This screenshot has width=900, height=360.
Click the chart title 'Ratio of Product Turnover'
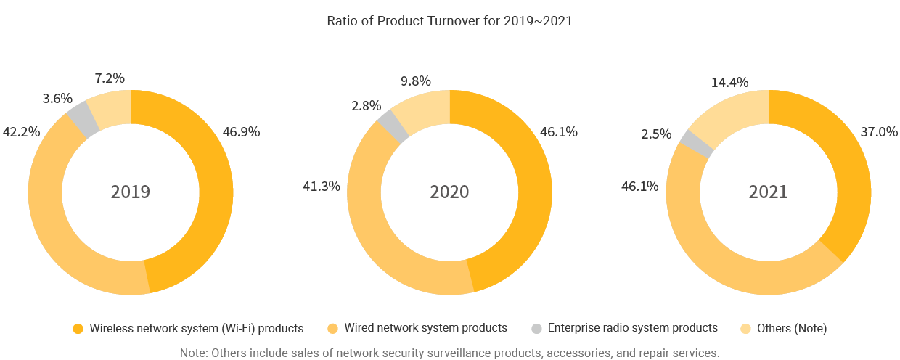point(449,20)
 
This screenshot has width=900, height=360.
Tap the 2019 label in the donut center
point(131,192)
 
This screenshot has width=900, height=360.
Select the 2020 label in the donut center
point(449,192)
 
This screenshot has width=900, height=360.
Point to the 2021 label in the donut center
point(768,192)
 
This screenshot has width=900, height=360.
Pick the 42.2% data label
point(21,132)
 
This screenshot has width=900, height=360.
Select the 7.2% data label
point(110,77)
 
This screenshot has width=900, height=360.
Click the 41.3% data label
point(321,187)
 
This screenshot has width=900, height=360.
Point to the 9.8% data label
point(416,81)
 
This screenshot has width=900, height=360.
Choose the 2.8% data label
point(366,106)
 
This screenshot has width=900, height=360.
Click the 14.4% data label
point(730,82)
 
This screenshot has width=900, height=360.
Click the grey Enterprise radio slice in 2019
point(82,118)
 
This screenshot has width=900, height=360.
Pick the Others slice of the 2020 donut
point(426,110)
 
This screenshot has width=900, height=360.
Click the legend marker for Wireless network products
point(78,329)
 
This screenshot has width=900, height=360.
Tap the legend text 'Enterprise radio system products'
point(633,328)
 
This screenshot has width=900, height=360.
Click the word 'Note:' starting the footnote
point(195,353)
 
